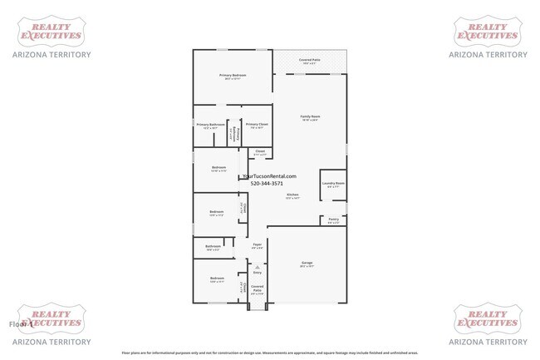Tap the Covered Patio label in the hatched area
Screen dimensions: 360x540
[x=310, y=61]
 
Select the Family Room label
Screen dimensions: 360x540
[x=310, y=116]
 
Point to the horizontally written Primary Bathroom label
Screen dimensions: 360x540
[x=210, y=125]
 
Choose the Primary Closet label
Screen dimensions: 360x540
[x=257, y=125]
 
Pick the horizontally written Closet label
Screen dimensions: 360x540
[x=260, y=151]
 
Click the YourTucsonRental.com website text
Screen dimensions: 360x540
[x=268, y=175]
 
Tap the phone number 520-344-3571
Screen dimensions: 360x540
[x=268, y=184]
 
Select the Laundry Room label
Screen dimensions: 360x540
[x=333, y=184]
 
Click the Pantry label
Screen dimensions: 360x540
[x=332, y=220]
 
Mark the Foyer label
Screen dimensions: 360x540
[x=258, y=244]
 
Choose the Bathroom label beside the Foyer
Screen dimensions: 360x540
[x=213, y=246]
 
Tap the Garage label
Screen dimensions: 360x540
[x=307, y=264]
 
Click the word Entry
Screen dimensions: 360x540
[x=257, y=273]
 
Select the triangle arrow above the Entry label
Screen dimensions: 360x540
[x=257, y=266]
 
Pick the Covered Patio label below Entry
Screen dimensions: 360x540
[x=257, y=288]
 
